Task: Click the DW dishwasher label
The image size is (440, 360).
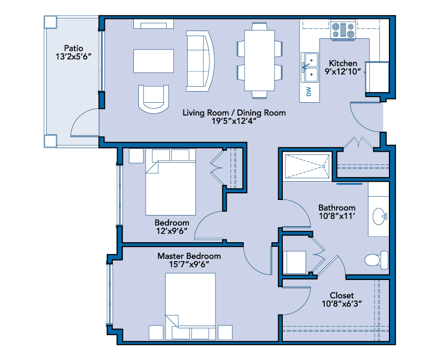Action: [309, 92]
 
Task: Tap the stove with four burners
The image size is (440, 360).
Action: [343, 29]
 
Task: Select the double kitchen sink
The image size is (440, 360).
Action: [309, 67]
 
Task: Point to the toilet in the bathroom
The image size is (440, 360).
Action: [376, 260]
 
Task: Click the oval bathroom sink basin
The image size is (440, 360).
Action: [379, 216]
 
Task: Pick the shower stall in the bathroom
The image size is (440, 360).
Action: [307, 166]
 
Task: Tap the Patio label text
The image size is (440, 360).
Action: [74, 48]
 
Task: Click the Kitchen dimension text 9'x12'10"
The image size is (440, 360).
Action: [343, 72]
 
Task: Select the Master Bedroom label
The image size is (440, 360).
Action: [189, 256]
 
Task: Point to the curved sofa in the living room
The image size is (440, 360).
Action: [200, 61]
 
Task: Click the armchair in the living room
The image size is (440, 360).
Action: [153, 99]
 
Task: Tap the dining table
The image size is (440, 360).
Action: [259, 61]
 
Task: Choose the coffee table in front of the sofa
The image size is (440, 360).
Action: [153, 61]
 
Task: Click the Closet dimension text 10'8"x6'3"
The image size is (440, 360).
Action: [342, 303]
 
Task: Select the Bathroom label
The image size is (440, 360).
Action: [337, 208]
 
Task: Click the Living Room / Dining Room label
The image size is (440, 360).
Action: [234, 113]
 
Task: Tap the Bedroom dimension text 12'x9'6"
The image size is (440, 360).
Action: [172, 231]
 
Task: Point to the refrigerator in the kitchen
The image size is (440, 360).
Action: [377, 77]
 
